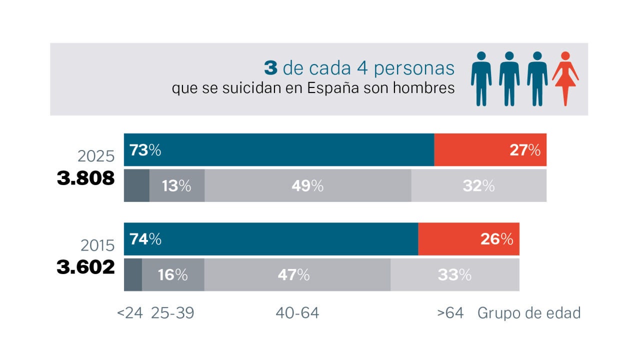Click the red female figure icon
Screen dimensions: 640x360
click(565, 78)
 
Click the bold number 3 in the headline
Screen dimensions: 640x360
click(270, 68)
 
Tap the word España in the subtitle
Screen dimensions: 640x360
click(333, 88)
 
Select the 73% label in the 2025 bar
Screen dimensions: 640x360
click(145, 150)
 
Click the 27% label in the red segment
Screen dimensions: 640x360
click(525, 150)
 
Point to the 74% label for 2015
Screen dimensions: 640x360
click(145, 239)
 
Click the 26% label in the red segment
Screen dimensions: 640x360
click(497, 239)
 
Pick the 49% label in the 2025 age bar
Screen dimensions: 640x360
click(307, 186)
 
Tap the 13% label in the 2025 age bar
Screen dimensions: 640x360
click(176, 186)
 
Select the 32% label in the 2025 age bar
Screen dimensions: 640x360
click(478, 186)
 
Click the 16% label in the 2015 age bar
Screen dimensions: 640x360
click(173, 275)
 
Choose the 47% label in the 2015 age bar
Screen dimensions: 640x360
click(293, 275)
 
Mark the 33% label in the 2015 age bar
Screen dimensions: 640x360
click(454, 275)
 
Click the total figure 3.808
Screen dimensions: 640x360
click(85, 178)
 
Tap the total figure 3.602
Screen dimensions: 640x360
click(85, 267)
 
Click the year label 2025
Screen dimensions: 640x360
click(96, 156)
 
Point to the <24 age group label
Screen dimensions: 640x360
click(130, 313)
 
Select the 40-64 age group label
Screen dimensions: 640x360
click(297, 313)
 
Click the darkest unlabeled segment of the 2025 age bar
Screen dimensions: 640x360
click(136, 185)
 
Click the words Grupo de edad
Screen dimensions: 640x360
click(529, 313)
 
